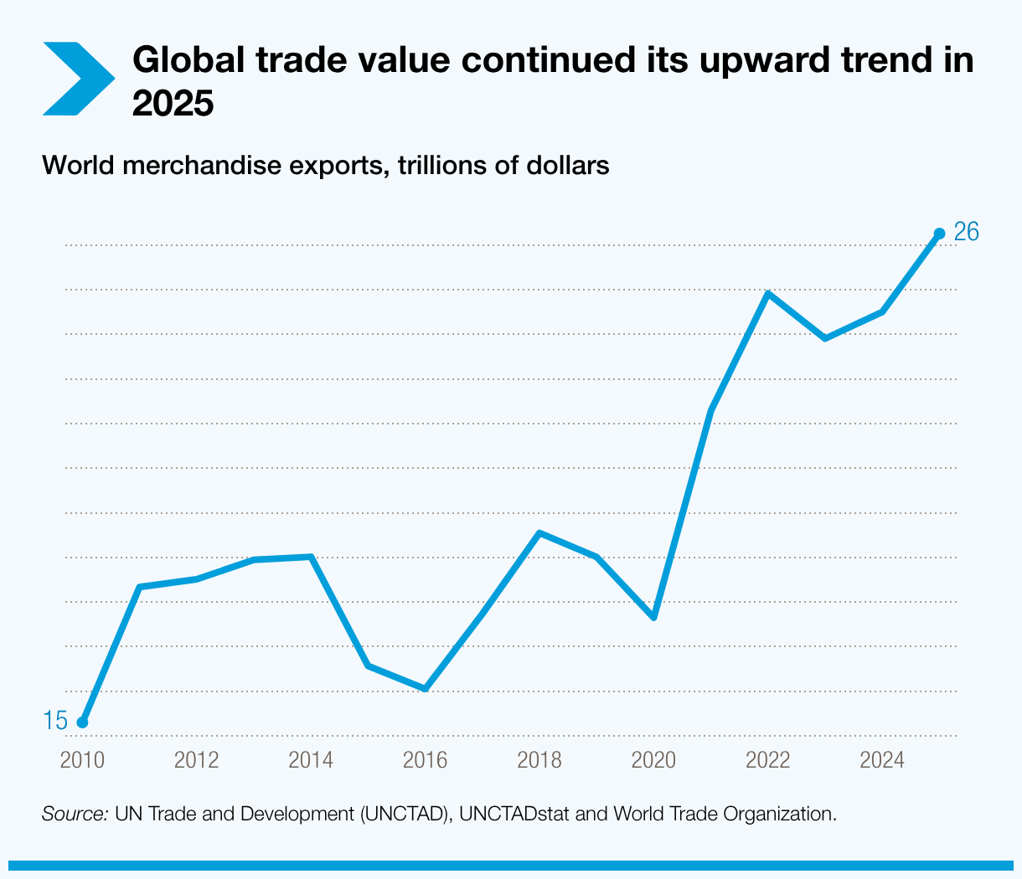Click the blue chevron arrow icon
(78, 79)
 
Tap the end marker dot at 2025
(939, 234)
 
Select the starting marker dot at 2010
(82, 722)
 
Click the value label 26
(966, 232)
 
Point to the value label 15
(55, 720)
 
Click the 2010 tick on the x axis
(82, 760)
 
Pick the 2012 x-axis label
(196, 760)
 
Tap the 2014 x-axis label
(311, 760)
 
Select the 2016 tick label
(425, 760)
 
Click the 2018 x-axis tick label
(539, 760)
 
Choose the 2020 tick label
(653, 760)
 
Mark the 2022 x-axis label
(768, 760)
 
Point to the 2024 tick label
(882, 760)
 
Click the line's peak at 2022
(767, 293)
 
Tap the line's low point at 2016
(425, 689)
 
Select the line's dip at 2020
(653, 617)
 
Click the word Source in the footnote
(75, 814)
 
